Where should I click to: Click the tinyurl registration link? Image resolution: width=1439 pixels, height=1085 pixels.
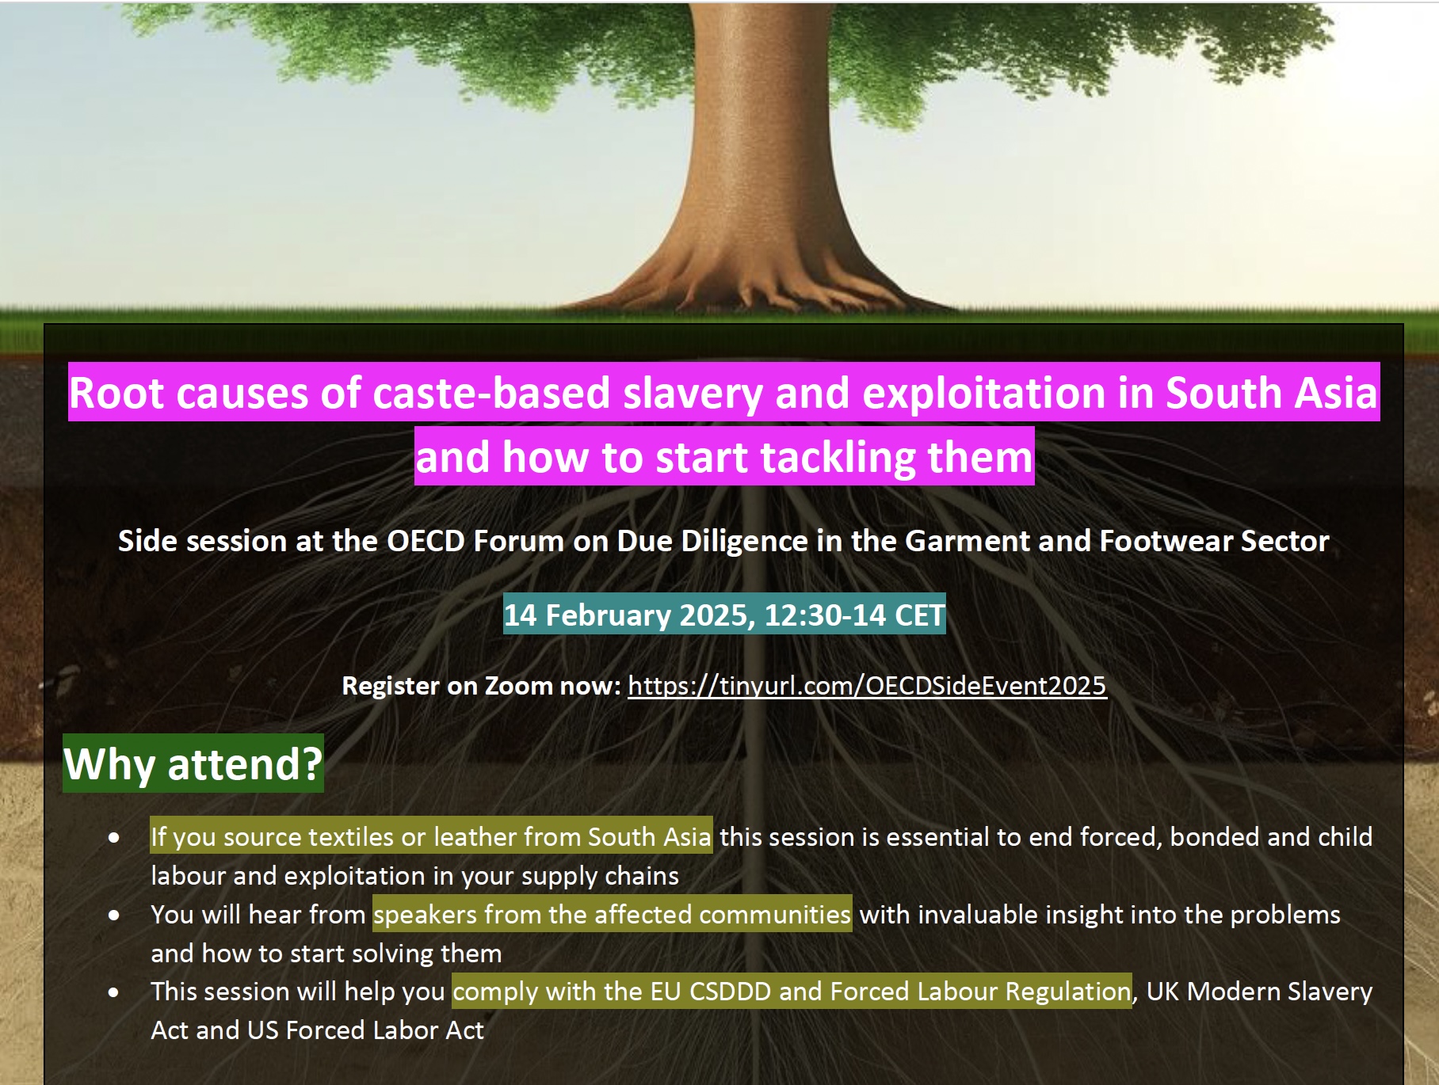[867, 686]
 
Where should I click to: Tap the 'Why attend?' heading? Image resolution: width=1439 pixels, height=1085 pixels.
[193, 764]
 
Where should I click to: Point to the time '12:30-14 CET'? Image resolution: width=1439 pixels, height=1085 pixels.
[854, 615]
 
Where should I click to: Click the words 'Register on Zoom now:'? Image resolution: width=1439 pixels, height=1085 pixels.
[481, 686]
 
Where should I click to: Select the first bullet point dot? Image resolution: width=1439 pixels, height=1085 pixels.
[114, 837]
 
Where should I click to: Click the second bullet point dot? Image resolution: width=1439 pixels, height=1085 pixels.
[114, 915]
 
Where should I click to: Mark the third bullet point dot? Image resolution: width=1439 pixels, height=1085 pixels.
[114, 992]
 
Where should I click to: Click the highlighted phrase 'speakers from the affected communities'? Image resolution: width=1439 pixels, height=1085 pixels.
[613, 915]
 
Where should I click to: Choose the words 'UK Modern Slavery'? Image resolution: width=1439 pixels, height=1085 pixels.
[1259, 992]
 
